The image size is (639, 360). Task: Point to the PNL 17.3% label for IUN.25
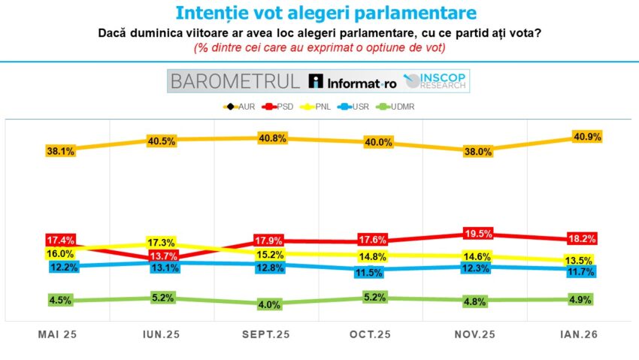pos(163,243)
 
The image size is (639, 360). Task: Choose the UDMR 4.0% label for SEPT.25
pos(268,304)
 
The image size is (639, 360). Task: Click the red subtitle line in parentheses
pos(319,47)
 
